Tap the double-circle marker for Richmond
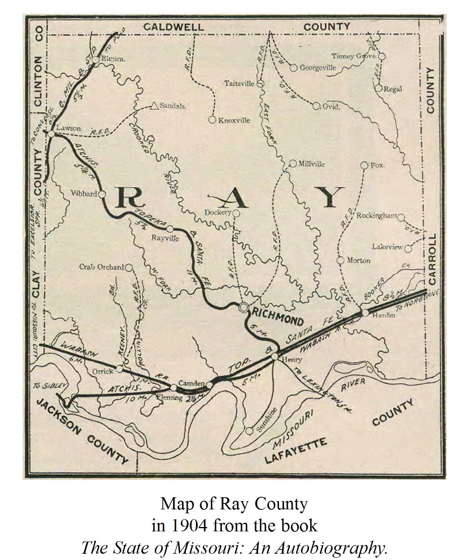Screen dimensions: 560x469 (244, 308)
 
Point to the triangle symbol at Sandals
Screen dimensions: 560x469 (154, 106)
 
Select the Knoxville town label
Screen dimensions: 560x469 (234, 120)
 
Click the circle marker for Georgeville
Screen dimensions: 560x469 (293, 68)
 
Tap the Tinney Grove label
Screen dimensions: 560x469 (354, 56)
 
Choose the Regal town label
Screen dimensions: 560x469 (393, 89)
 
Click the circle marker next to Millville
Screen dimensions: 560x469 (293, 164)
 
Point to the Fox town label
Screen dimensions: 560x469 (377, 165)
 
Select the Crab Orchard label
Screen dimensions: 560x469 (102, 267)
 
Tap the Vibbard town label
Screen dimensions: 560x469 (84, 193)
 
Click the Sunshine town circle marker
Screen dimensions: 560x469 (249, 430)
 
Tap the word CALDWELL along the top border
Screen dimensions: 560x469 (173, 27)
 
